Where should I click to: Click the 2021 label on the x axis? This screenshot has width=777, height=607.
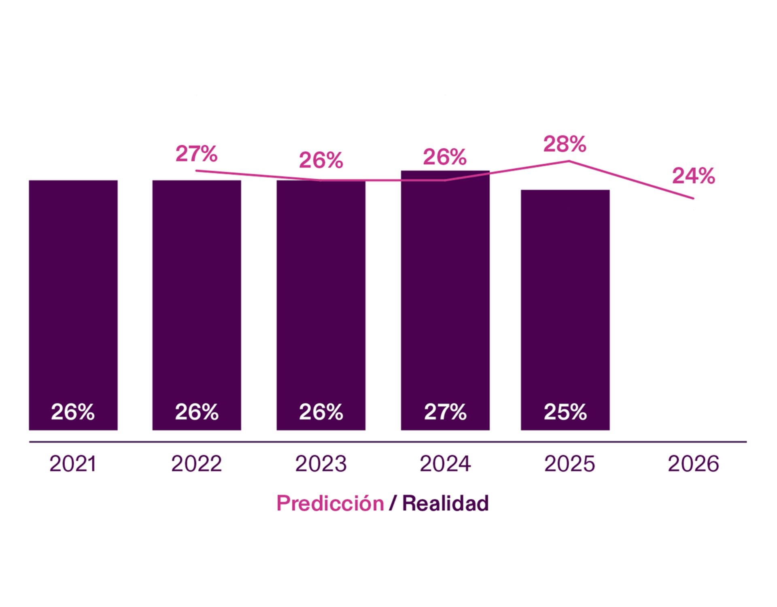73,464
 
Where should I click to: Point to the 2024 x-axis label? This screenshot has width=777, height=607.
445,464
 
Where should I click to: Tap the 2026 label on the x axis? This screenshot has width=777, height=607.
693,464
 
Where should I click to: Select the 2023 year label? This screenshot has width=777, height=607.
321,464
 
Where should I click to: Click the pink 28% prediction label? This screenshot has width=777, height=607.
565,144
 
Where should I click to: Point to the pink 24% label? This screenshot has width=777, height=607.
693,176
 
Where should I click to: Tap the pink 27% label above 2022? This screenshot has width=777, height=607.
196,154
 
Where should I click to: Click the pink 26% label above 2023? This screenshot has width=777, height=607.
321,160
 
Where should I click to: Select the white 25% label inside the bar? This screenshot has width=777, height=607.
565,412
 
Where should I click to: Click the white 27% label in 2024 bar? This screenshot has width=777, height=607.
445,412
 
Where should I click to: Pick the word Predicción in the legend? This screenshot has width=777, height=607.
330,503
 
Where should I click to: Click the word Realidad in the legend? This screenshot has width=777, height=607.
445,503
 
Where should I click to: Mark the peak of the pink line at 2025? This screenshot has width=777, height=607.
569,161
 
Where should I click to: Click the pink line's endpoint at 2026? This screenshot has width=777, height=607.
693,198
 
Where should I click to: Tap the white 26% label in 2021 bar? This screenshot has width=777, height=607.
73,412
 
